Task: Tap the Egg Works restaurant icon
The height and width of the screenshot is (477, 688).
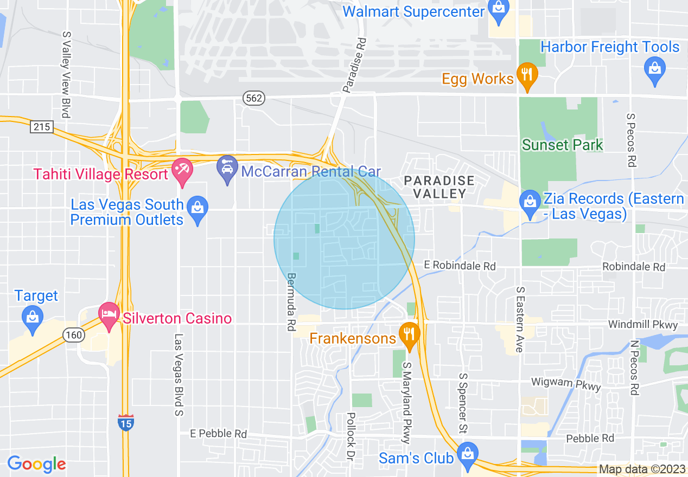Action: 526,78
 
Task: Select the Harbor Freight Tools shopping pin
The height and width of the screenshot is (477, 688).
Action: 655,72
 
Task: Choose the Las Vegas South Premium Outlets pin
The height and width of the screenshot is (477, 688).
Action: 198,210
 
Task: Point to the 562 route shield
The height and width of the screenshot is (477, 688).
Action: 253,98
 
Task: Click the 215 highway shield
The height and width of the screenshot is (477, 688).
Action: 41,127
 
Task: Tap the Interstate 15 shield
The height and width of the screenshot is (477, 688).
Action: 125,422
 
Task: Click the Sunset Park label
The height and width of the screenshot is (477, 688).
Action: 562,145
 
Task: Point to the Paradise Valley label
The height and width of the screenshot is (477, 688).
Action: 439,186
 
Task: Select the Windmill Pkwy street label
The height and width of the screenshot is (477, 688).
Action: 643,325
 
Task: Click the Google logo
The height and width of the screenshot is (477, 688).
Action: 36,464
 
